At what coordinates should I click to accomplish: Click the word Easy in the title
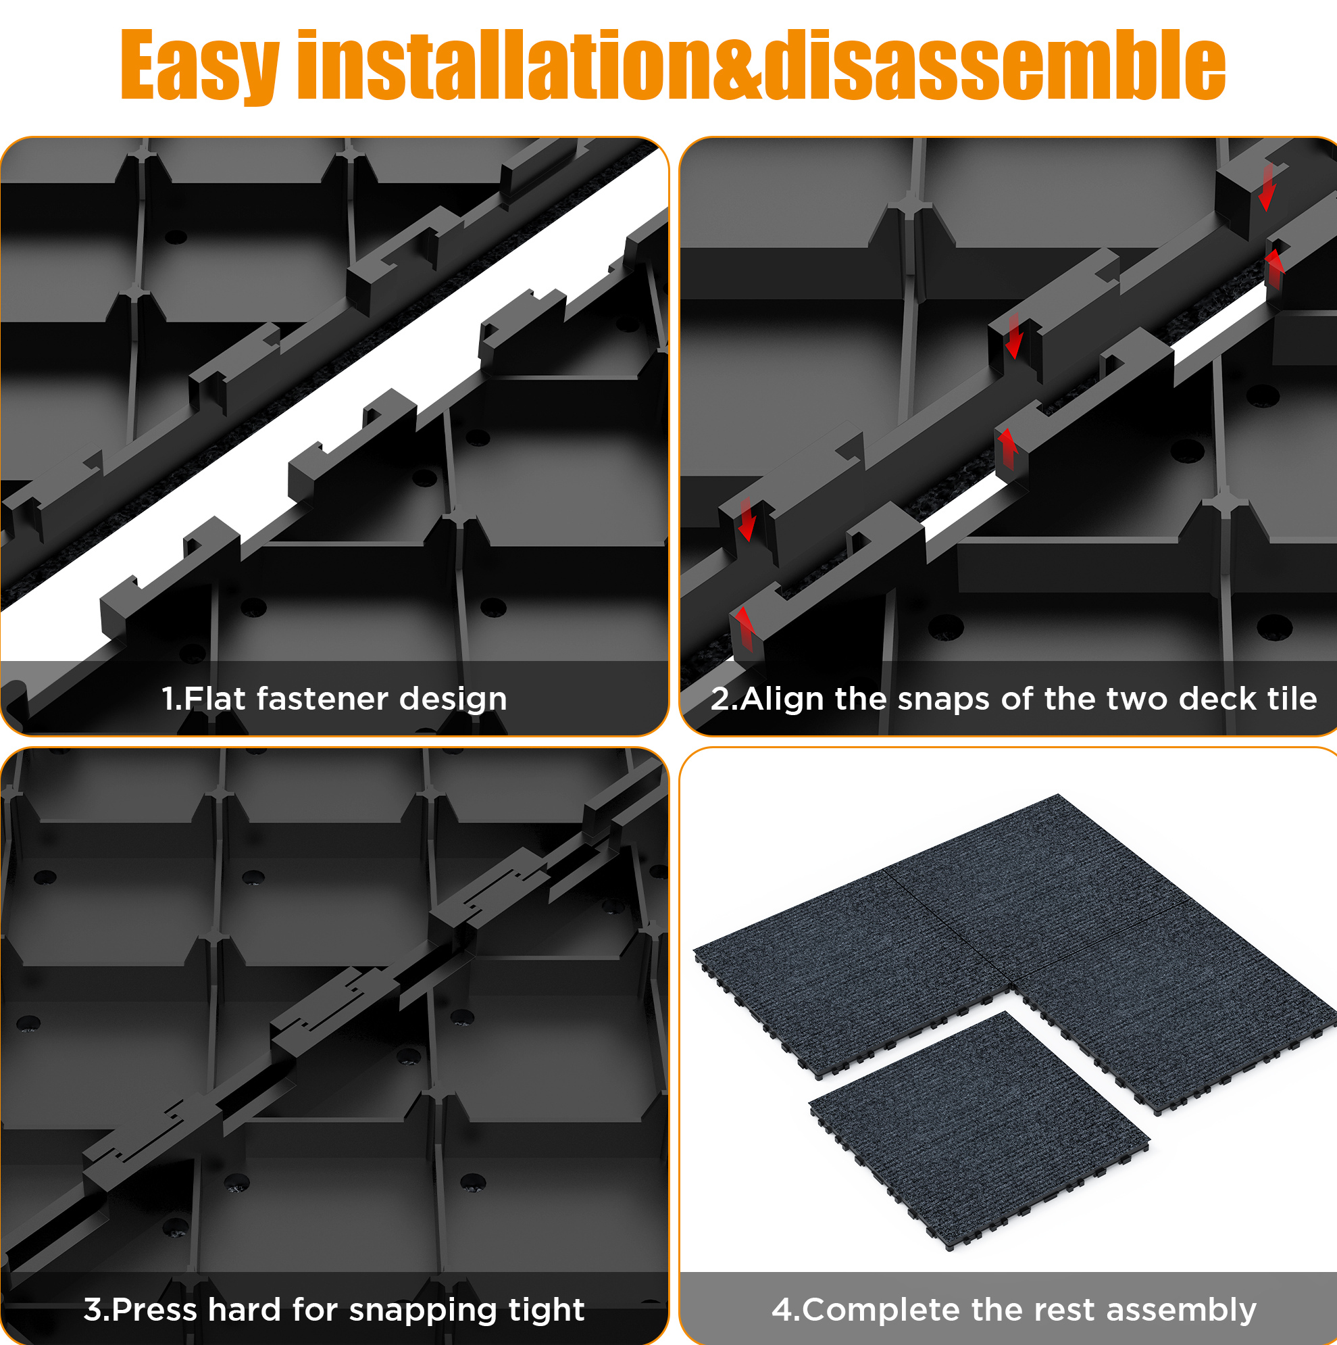coord(201,66)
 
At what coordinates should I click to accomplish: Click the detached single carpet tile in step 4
coord(978,1130)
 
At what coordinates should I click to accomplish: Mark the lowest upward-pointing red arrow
coord(744,629)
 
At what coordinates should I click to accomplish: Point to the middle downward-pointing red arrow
coord(1014,335)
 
